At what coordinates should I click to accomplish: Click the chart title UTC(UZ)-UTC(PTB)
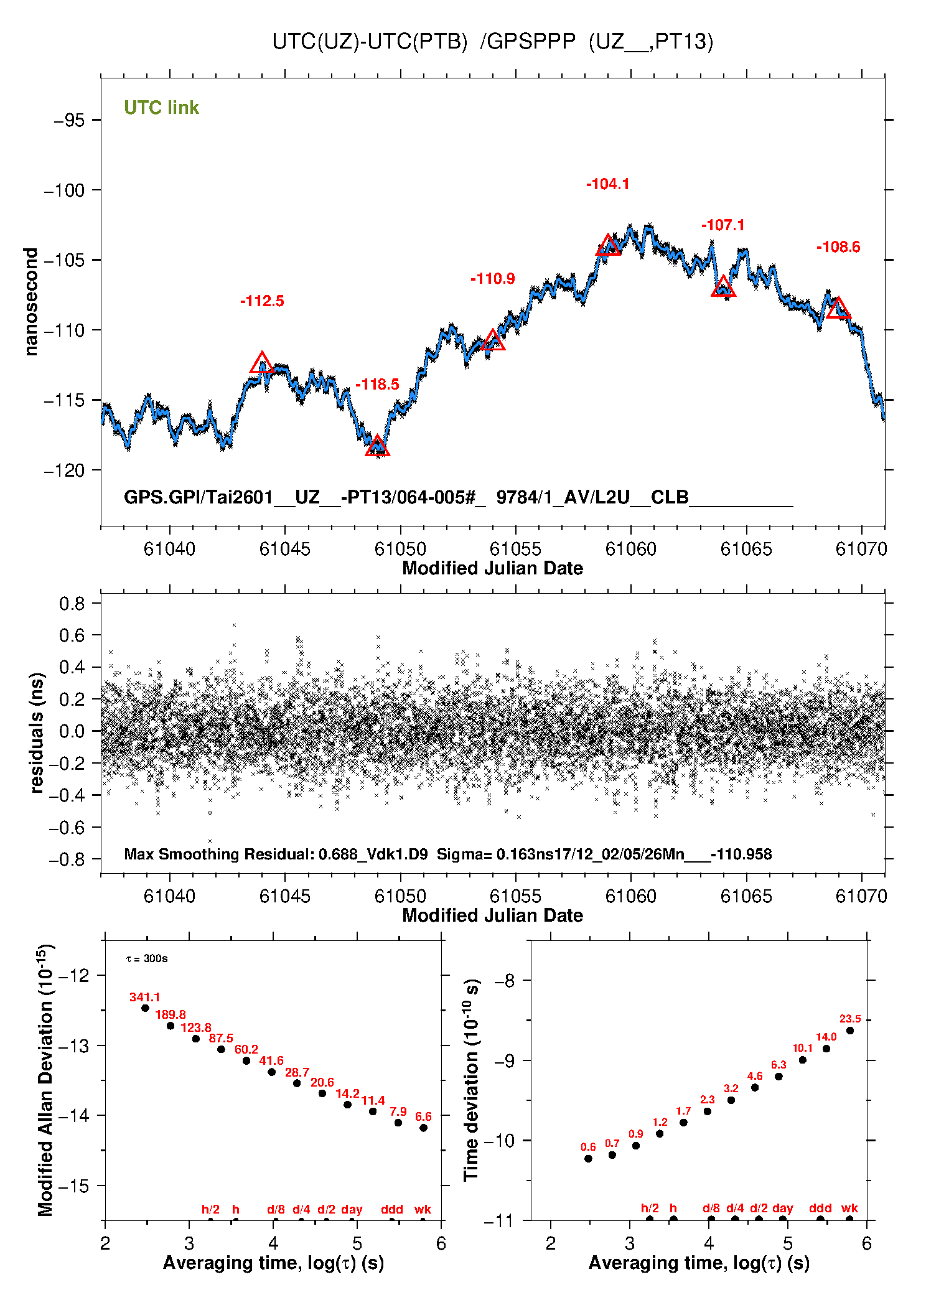pyautogui.click(x=370, y=42)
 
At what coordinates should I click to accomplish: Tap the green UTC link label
pyautogui.click(x=161, y=108)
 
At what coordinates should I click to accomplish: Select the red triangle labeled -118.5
pyautogui.click(x=377, y=446)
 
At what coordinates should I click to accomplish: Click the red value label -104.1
pyautogui.click(x=607, y=184)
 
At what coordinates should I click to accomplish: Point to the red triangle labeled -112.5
pyautogui.click(x=262, y=363)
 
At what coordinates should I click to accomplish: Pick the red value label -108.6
pyautogui.click(x=838, y=247)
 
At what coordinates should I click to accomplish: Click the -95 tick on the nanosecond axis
pyautogui.click(x=69, y=120)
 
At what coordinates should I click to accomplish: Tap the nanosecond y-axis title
pyautogui.click(x=30, y=302)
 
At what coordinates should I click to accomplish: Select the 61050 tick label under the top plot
pyautogui.click(x=400, y=549)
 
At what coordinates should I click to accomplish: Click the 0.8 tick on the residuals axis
pyautogui.click(x=72, y=603)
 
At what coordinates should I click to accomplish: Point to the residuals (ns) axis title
pyautogui.click(x=37, y=732)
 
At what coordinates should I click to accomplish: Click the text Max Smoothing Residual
pyautogui.click(x=218, y=854)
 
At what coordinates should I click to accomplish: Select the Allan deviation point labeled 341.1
pyautogui.click(x=145, y=1008)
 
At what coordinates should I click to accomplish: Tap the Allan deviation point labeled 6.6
pyautogui.click(x=423, y=1128)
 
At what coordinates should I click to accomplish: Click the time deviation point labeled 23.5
pyautogui.click(x=850, y=1031)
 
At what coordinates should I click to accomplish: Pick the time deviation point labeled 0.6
pyautogui.click(x=588, y=1159)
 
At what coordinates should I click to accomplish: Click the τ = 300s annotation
pyautogui.click(x=147, y=958)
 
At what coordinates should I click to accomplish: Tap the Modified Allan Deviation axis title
pyautogui.click(x=45, y=1080)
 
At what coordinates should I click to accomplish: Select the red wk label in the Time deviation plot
pyautogui.click(x=849, y=1208)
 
